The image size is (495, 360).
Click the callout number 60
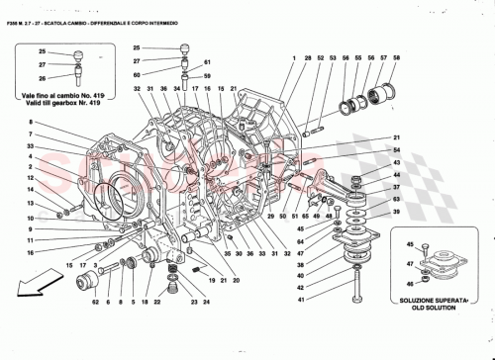(x=138, y=74)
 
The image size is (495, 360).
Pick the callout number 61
(x=207, y=75)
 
